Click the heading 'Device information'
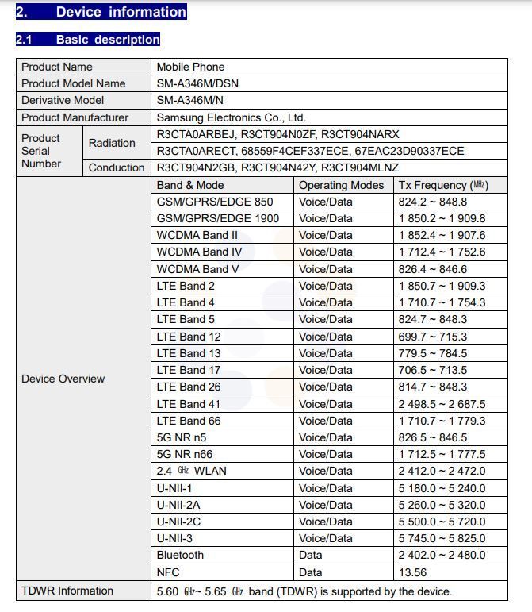click(x=121, y=12)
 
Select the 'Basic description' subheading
click(x=107, y=39)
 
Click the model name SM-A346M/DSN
click(x=197, y=83)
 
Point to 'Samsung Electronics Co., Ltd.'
click(x=231, y=117)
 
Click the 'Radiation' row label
click(x=112, y=143)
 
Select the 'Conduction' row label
click(x=117, y=167)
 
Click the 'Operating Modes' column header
click(x=341, y=185)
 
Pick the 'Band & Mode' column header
click(x=190, y=185)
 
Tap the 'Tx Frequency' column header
click(x=442, y=185)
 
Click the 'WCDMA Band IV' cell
click(x=199, y=252)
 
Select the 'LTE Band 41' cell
click(x=189, y=404)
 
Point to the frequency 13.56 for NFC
click(x=412, y=572)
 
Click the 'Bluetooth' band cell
click(x=180, y=555)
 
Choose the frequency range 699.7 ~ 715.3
click(x=432, y=337)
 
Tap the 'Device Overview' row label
click(x=63, y=379)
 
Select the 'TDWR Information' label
click(x=67, y=591)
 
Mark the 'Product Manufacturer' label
click(x=75, y=117)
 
